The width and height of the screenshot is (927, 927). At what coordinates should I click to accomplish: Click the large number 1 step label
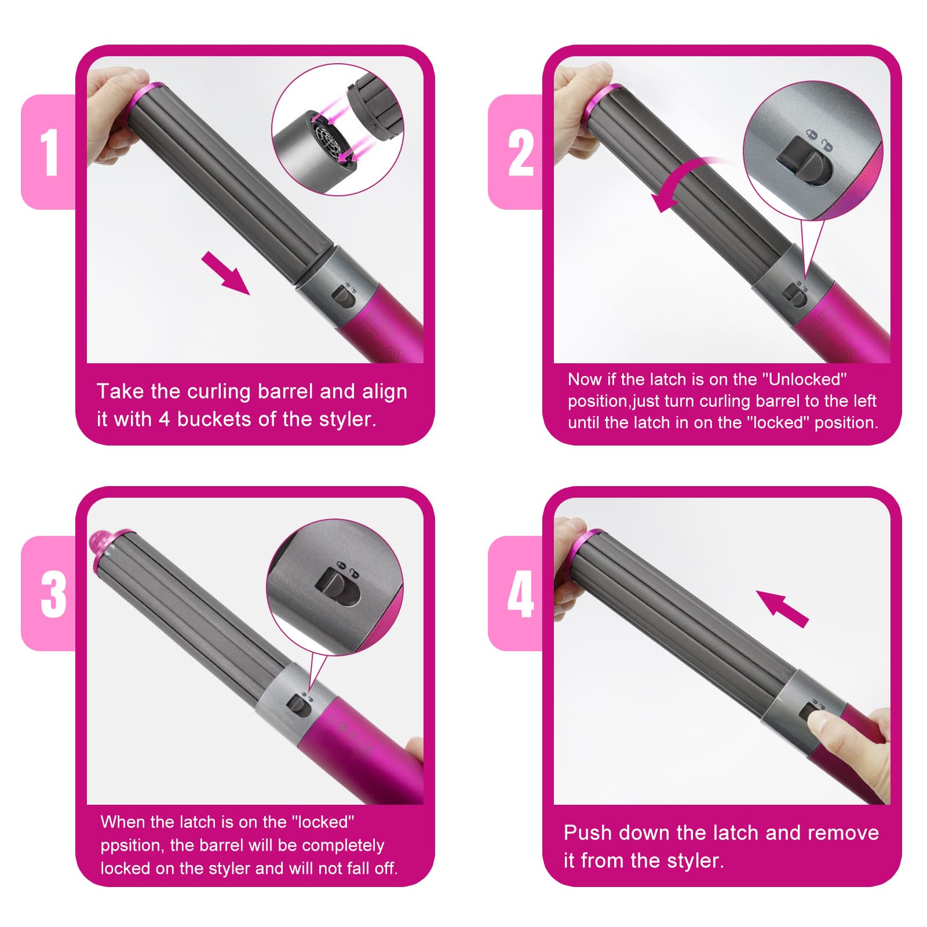point(50,152)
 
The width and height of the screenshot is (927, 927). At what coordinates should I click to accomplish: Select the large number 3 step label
point(53,594)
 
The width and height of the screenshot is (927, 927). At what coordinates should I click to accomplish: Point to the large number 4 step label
point(520,594)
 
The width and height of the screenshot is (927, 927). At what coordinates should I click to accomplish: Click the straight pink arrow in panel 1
point(225,273)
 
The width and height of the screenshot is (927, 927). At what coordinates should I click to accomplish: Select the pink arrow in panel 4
point(782,608)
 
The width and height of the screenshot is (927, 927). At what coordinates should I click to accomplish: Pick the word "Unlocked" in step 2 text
point(805,379)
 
